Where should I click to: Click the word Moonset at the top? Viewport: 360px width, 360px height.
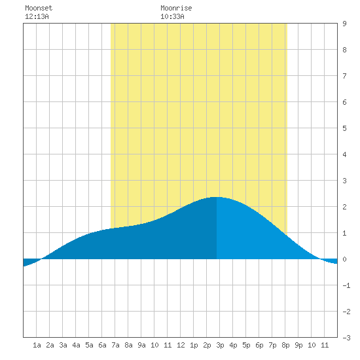click(x=39, y=8)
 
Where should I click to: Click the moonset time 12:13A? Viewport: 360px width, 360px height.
click(x=37, y=16)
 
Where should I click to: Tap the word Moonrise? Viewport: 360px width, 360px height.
click(x=176, y=8)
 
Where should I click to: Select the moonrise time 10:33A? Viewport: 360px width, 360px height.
click(x=172, y=16)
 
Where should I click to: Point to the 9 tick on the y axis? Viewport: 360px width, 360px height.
click(x=344, y=24)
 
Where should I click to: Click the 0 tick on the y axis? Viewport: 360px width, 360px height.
click(x=344, y=259)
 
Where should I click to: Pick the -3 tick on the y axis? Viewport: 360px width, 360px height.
click(x=346, y=338)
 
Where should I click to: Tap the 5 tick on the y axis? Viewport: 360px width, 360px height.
click(x=344, y=128)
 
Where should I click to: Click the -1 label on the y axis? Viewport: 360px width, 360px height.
click(x=346, y=285)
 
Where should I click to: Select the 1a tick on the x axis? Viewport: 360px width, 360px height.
click(x=37, y=345)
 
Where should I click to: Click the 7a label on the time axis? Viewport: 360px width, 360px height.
click(x=115, y=345)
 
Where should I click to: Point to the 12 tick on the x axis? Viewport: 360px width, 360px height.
click(x=181, y=345)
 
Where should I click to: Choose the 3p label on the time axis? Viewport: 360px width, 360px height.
click(x=220, y=345)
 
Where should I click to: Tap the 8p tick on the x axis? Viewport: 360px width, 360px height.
click(x=285, y=345)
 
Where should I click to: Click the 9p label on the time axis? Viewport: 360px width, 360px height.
click(x=298, y=345)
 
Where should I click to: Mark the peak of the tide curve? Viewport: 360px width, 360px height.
click(x=217, y=197)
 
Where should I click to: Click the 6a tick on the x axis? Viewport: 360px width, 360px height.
click(x=102, y=345)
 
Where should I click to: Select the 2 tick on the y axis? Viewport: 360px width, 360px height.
click(x=344, y=207)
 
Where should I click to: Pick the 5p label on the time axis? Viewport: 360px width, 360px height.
click(x=246, y=345)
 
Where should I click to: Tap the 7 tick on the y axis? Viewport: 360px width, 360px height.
click(x=344, y=76)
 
